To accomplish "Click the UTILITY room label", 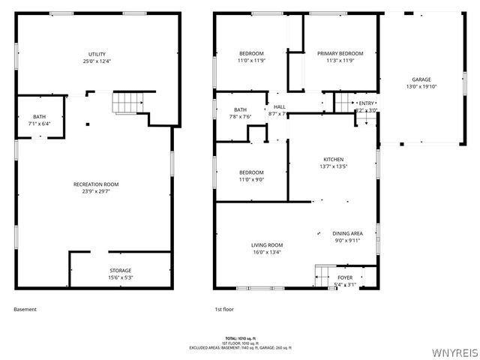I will coord(97,54).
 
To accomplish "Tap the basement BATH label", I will coord(39,116).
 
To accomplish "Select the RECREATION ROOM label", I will coord(96,184).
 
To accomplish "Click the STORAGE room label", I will coord(120,270).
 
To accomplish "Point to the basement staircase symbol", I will coord(127,102).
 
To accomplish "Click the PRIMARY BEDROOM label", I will coord(340,53).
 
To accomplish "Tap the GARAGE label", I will coord(421,79).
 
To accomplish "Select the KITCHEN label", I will coord(333,160).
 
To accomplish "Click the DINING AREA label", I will coord(347,233).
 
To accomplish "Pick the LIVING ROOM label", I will coord(266,245).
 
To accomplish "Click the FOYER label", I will coord(344,277).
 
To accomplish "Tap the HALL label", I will coord(279,106).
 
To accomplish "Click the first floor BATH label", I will coord(240,109).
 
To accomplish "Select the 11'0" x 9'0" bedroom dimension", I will coord(251,179).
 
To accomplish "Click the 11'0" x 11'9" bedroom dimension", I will coord(251,61).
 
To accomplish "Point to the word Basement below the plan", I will coord(25,309).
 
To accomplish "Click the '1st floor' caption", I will coord(225,309).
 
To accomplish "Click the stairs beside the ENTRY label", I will coord(343,101).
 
